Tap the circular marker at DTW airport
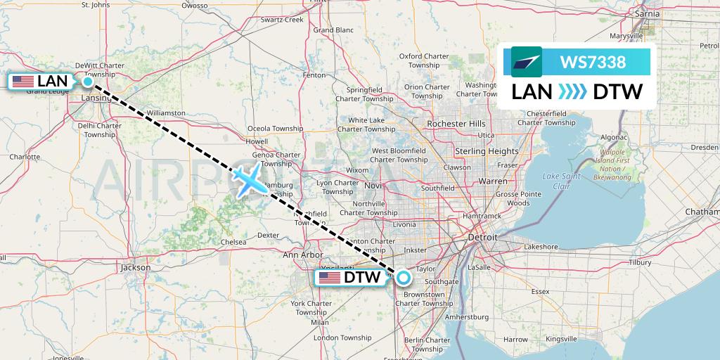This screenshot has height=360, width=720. pyautogui.click(x=403, y=277)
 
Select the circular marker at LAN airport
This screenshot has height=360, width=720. pyautogui.click(x=88, y=82)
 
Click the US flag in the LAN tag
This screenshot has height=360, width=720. pyautogui.click(x=23, y=82)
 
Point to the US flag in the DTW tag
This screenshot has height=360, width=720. pyautogui.click(x=330, y=278)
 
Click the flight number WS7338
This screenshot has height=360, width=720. pyautogui.click(x=593, y=62)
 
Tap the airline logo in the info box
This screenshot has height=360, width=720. pyautogui.click(x=527, y=62)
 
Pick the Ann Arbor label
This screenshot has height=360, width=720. pyautogui.click(x=302, y=255)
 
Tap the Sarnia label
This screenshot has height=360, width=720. pyautogui.click(x=646, y=13)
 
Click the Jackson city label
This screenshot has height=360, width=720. pyautogui.click(x=135, y=267)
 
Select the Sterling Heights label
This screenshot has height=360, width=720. pyautogui.click(x=486, y=151)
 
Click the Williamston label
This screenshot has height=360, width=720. pyautogui.click(x=166, y=112)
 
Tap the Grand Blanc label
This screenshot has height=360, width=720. pyautogui.click(x=333, y=30)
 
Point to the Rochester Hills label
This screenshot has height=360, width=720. pyautogui.click(x=457, y=124)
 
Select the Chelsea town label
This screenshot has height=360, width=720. pyautogui.click(x=233, y=242)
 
